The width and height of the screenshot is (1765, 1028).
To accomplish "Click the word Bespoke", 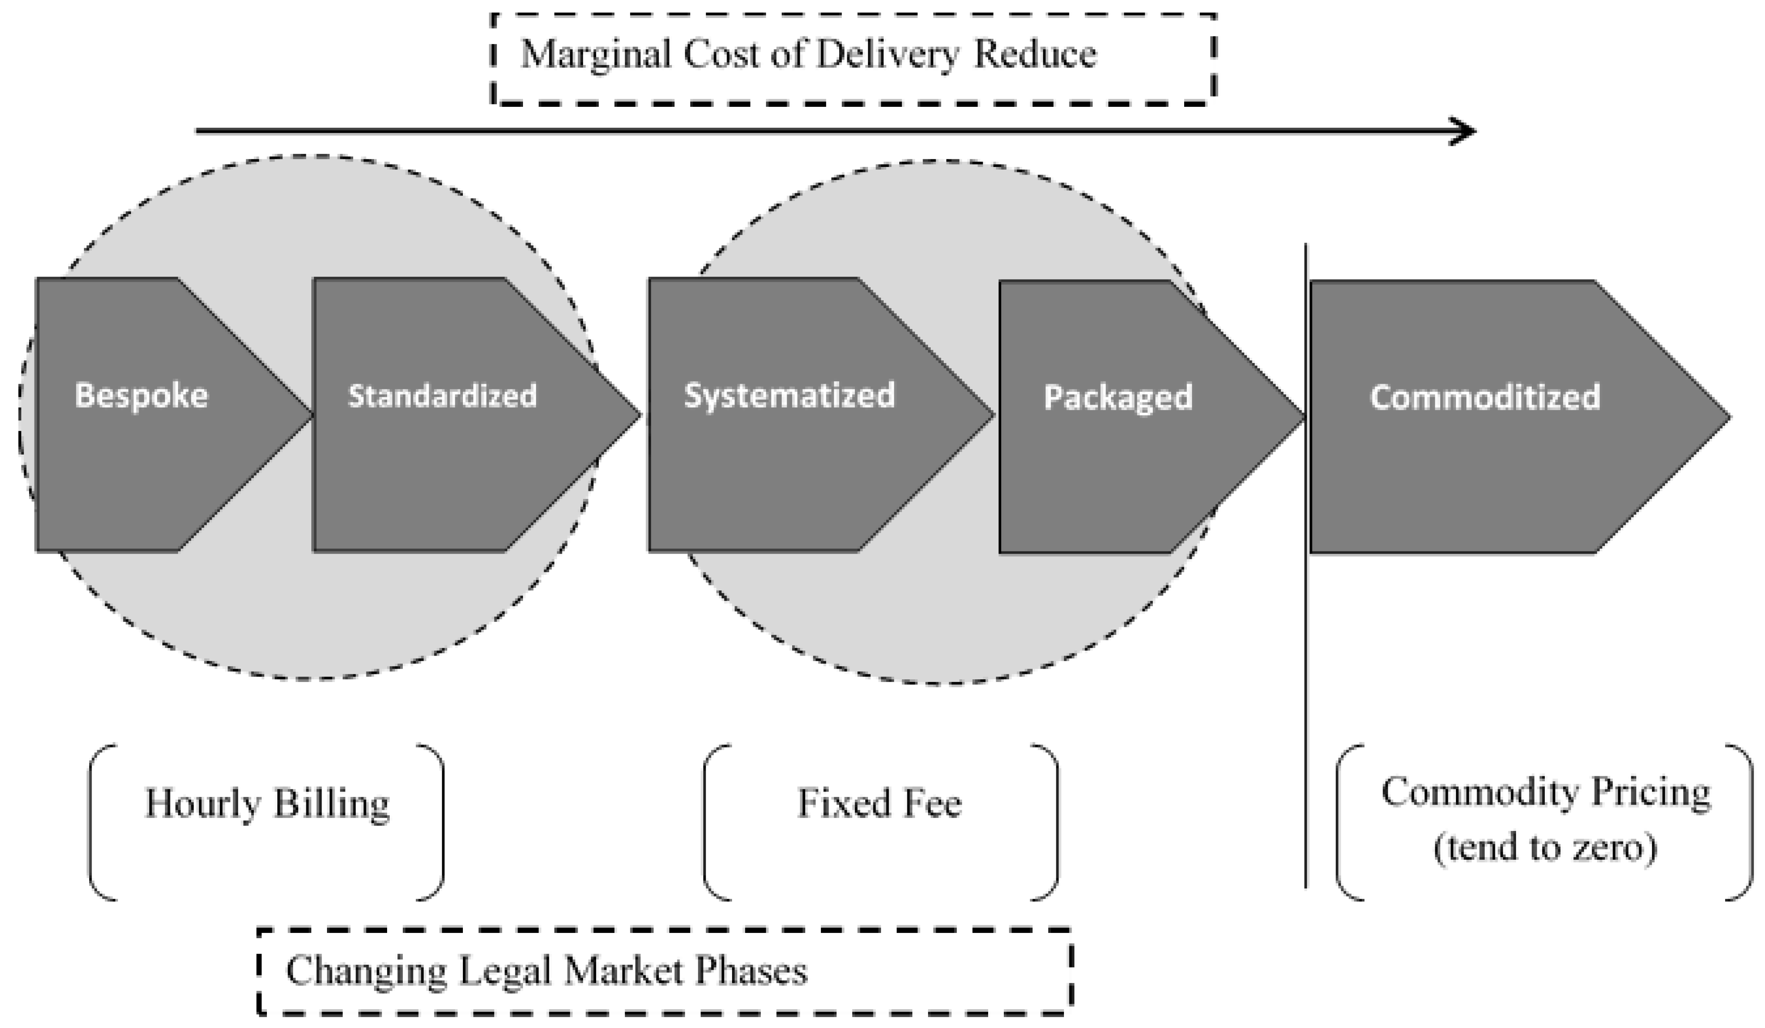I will (x=141, y=396).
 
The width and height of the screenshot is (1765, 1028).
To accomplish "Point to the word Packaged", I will (x=1117, y=397).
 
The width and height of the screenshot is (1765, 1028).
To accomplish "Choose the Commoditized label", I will (x=1485, y=397).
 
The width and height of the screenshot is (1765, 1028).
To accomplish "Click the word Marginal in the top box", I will (x=595, y=55).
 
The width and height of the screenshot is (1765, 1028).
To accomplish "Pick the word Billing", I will (x=331, y=803).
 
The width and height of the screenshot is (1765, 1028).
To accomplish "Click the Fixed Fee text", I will (x=880, y=803).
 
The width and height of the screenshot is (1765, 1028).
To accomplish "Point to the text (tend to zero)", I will (x=1545, y=849).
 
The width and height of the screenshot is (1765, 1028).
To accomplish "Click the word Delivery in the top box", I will (x=887, y=55).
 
